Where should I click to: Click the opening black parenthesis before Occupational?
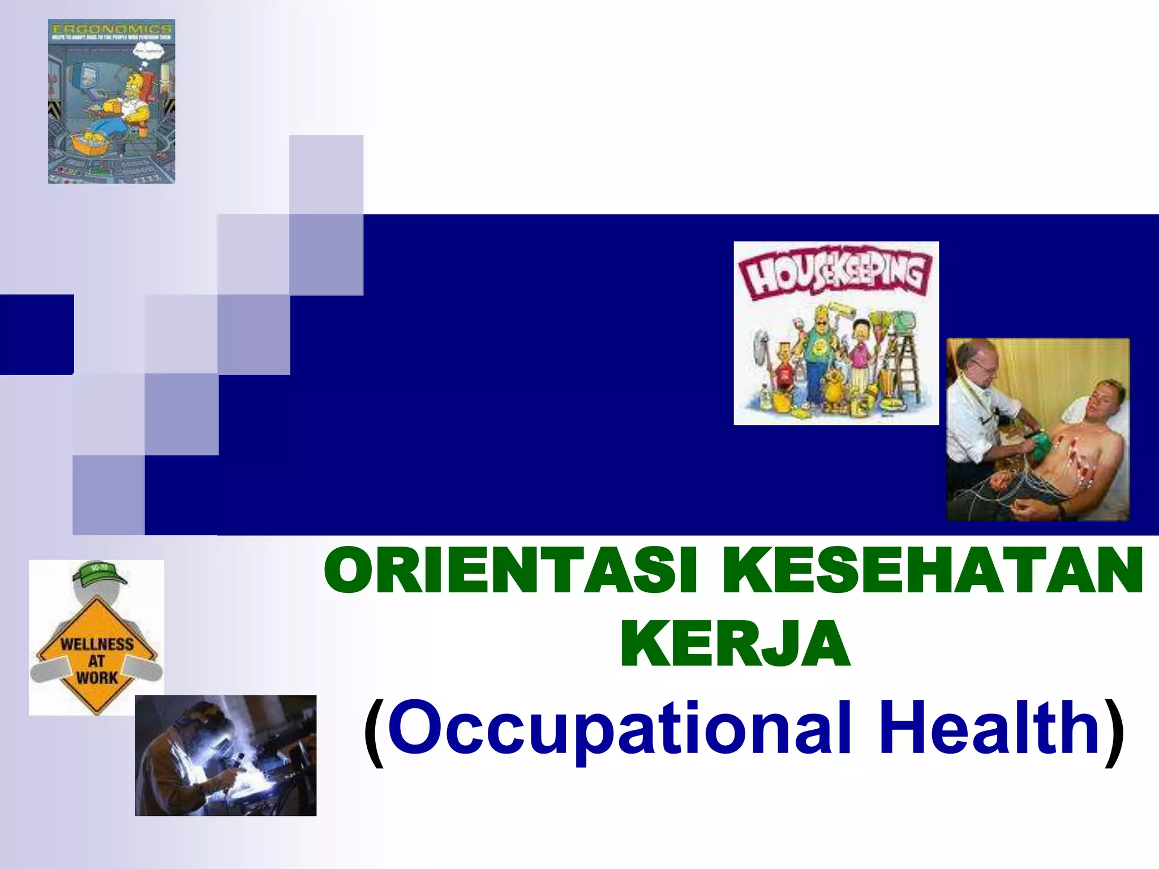coord(374,733)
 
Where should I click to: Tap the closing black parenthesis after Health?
coord(1114,733)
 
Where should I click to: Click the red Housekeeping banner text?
coord(835,276)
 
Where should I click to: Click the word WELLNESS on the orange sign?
coord(97,644)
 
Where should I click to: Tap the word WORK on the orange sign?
coord(97,678)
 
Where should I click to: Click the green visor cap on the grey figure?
coord(98,573)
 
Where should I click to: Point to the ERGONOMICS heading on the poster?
coord(111,28)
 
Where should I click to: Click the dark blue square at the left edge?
coord(36,334)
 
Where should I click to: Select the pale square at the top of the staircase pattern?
coord(326,174)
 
